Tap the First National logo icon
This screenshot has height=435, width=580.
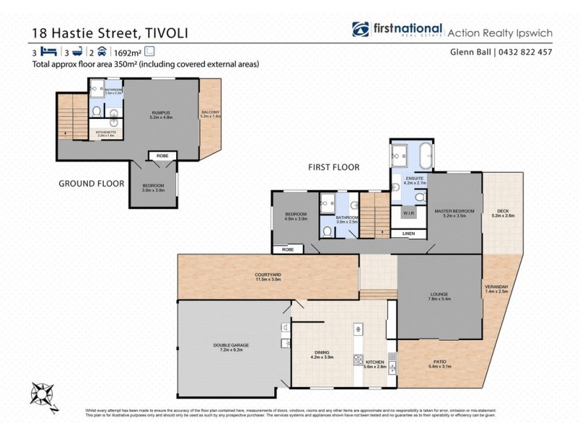point(360,30)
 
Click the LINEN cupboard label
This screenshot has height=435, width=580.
point(409,233)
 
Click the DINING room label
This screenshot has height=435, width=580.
point(320,355)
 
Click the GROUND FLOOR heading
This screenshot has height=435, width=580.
point(91,183)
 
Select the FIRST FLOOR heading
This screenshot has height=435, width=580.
point(333,167)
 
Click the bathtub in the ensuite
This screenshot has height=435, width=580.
point(424,154)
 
